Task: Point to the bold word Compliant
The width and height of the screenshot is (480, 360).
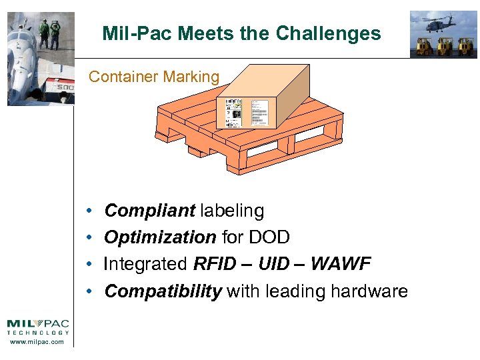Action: [x=149, y=211]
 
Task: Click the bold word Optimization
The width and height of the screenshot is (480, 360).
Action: [x=160, y=238]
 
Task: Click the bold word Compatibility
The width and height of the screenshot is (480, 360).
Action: [x=163, y=291]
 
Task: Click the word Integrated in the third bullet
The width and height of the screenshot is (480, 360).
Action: [x=145, y=265]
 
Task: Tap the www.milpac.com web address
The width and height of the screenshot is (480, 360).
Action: [x=37, y=342]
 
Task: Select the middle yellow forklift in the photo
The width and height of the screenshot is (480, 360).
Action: [x=445, y=46]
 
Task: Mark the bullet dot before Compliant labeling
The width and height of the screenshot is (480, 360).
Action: [x=89, y=212]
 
